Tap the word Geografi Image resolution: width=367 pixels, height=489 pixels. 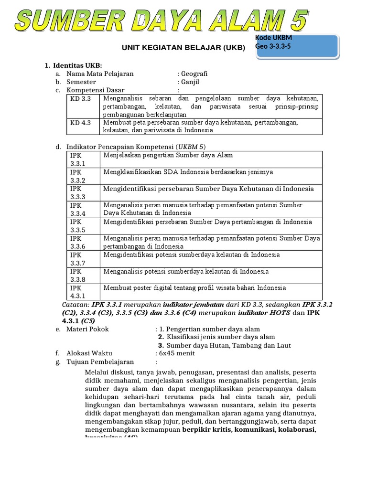(194, 74)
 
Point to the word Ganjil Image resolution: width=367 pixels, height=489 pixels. (191, 82)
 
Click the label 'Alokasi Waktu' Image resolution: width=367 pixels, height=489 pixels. (89, 353)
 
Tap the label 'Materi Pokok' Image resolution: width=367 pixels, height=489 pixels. (87, 329)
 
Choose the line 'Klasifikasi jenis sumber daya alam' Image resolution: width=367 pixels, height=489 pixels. (220, 337)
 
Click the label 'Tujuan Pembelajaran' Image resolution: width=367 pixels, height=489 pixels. (100, 361)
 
